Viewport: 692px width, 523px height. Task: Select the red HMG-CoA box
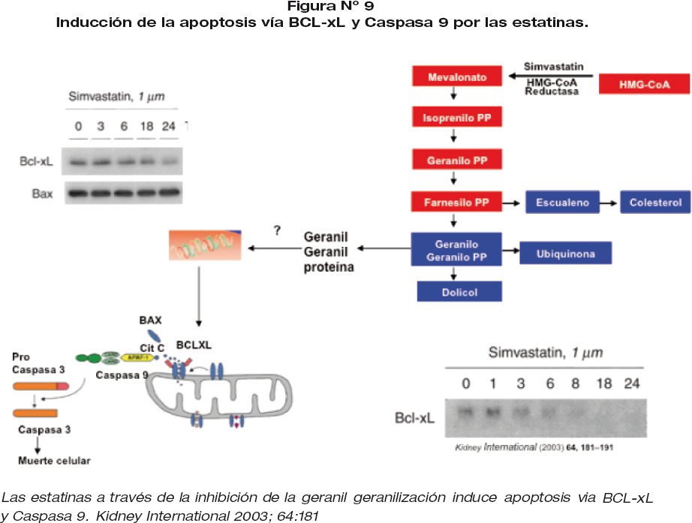click(644, 84)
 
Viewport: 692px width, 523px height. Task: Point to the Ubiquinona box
click(566, 254)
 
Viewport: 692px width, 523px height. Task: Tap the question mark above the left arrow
click(278, 231)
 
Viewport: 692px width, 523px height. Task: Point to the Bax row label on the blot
click(42, 193)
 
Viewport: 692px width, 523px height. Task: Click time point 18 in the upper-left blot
click(147, 126)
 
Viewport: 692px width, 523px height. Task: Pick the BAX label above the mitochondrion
click(150, 320)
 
